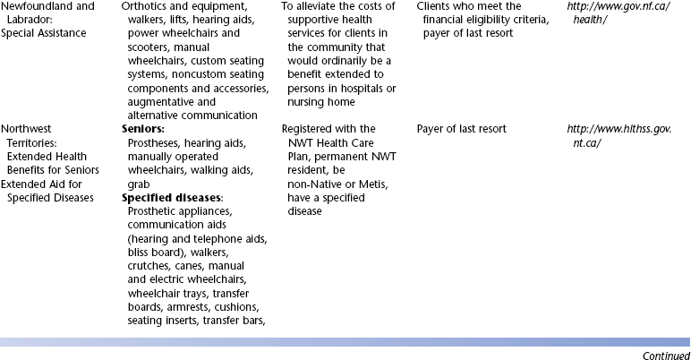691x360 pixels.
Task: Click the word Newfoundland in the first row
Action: pos(36,5)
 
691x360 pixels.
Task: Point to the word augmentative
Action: pos(161,101)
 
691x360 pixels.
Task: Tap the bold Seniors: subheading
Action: pos(142,129)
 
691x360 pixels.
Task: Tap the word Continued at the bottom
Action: pos(666,355)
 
